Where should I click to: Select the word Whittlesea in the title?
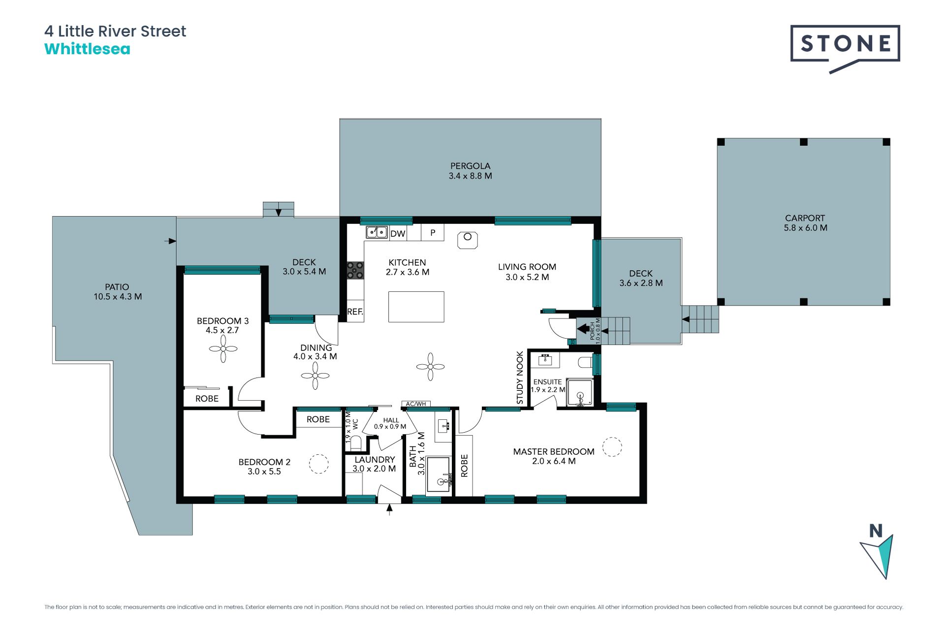coord(87,49)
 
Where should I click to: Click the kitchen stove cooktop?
coord(355,270)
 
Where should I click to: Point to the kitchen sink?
coord(377,231)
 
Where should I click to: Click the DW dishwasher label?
coord(398,234)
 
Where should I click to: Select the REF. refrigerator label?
coord(355,312)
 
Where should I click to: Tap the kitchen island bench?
coord(416,307)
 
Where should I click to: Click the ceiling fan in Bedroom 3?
coord(223,349)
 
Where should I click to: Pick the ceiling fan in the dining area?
coord(315,376)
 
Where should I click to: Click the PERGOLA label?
coord(471,166)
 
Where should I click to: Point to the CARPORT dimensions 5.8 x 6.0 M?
coord(806,228)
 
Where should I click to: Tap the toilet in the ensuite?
coord(586,363)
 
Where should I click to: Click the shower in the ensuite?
coord(580,392)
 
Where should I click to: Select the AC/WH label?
coord(416,404)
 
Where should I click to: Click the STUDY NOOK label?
coord(520,378)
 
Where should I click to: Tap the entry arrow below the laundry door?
coord(389,509)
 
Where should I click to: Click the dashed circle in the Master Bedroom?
coord(612,447)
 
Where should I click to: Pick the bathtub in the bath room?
coord(438,474)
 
